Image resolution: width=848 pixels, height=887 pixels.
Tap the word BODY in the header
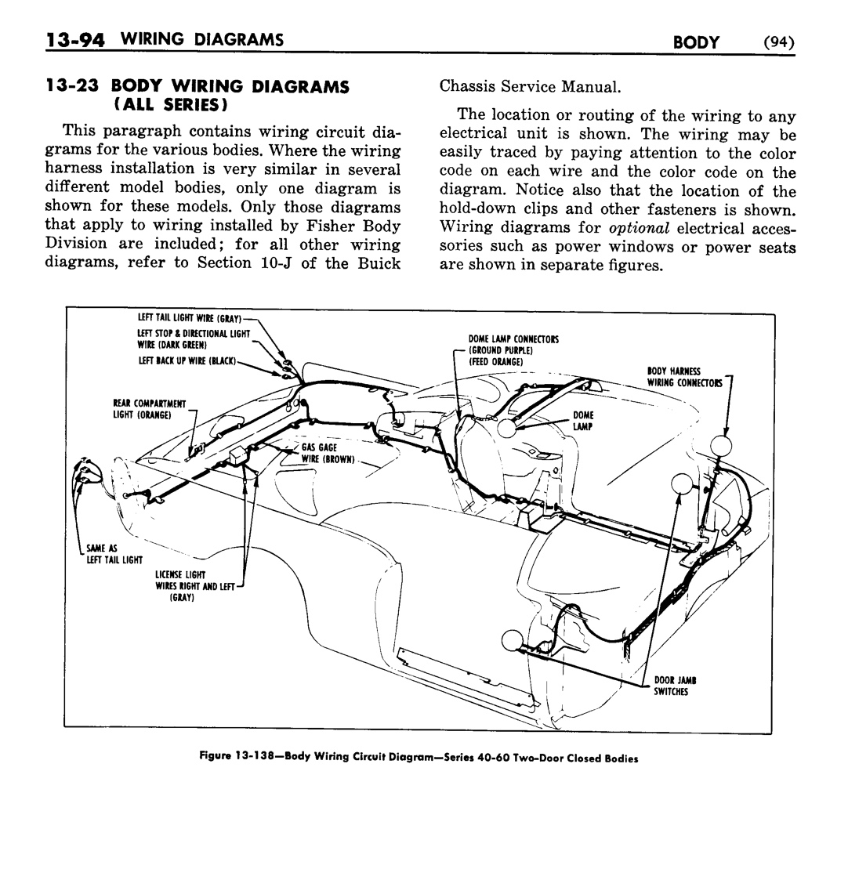click(696, 42)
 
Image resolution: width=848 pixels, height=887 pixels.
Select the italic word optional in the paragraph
click(638, 228)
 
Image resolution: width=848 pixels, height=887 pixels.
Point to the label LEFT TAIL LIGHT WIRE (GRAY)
click(189, 318)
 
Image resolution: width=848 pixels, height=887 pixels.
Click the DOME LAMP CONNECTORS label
click(513, 339)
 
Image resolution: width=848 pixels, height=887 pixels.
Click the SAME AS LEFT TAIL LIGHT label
click(114, 553)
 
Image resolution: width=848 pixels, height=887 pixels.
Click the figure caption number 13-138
click(253, 758)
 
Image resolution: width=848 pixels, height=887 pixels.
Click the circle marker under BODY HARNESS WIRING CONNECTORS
click(720, 447)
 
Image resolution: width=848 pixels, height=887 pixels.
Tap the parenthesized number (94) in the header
click(778, 42)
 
